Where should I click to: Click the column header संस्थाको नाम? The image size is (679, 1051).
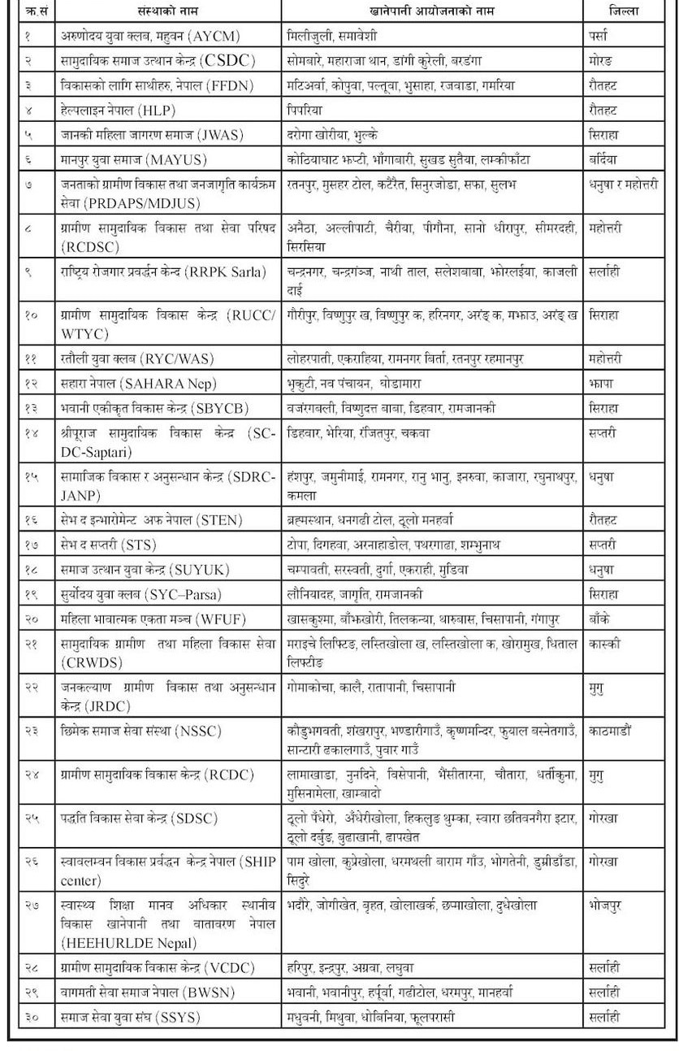click(167, 11)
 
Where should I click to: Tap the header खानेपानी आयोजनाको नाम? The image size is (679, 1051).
click(431, 11)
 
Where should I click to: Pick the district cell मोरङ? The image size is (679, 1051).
click(601, 61)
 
